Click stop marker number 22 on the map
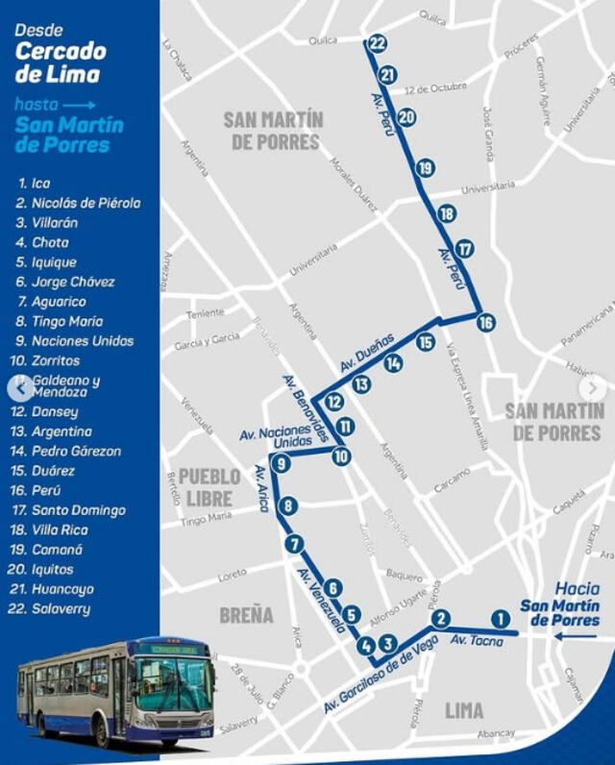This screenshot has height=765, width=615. tap(377, 43)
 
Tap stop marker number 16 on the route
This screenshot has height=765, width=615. tap(486, 323)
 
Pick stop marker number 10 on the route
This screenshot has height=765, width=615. tap(341, 457)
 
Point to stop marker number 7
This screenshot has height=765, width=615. tap(294, 544)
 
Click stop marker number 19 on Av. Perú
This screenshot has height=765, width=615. tap(426, 168)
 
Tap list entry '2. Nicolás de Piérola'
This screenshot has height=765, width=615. tap(78, 203)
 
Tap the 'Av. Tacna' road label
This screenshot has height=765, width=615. tap(477, 641)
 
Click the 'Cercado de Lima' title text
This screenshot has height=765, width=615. tap(60, 62)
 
